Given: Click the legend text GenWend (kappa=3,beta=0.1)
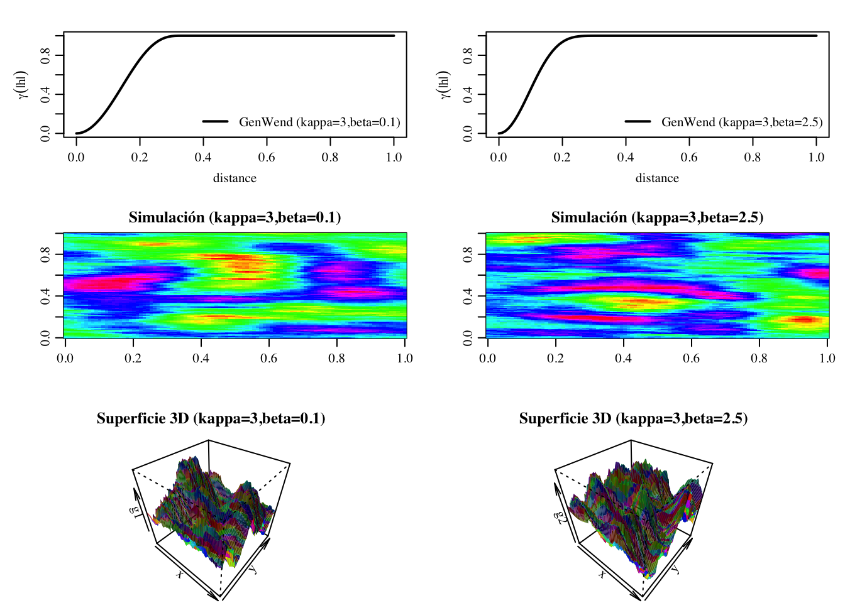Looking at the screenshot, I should (319, 122).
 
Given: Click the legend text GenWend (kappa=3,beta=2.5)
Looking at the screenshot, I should (742, 122).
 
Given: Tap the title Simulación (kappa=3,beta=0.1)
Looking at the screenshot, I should (235, 217).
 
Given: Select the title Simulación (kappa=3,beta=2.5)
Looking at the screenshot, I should (657, 217).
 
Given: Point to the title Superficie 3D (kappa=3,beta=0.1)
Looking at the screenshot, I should (211, 418).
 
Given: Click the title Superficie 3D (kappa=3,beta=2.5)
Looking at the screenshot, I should (633, 418).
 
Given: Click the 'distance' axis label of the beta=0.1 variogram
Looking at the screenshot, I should (235, 178).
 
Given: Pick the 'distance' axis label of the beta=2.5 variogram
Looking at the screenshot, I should (657, 178).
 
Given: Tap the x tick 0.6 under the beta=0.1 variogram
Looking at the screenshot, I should (267, 157).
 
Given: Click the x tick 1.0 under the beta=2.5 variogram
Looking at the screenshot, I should (816, 157).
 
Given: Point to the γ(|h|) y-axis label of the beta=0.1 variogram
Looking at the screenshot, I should (23, 84).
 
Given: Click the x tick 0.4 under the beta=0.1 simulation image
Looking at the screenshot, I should (201, 358).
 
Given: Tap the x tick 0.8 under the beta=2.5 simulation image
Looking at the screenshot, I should (759, 358).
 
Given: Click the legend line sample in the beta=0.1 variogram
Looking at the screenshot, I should (215, 121).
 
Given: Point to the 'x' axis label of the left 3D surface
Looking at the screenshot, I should (180, 573).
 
